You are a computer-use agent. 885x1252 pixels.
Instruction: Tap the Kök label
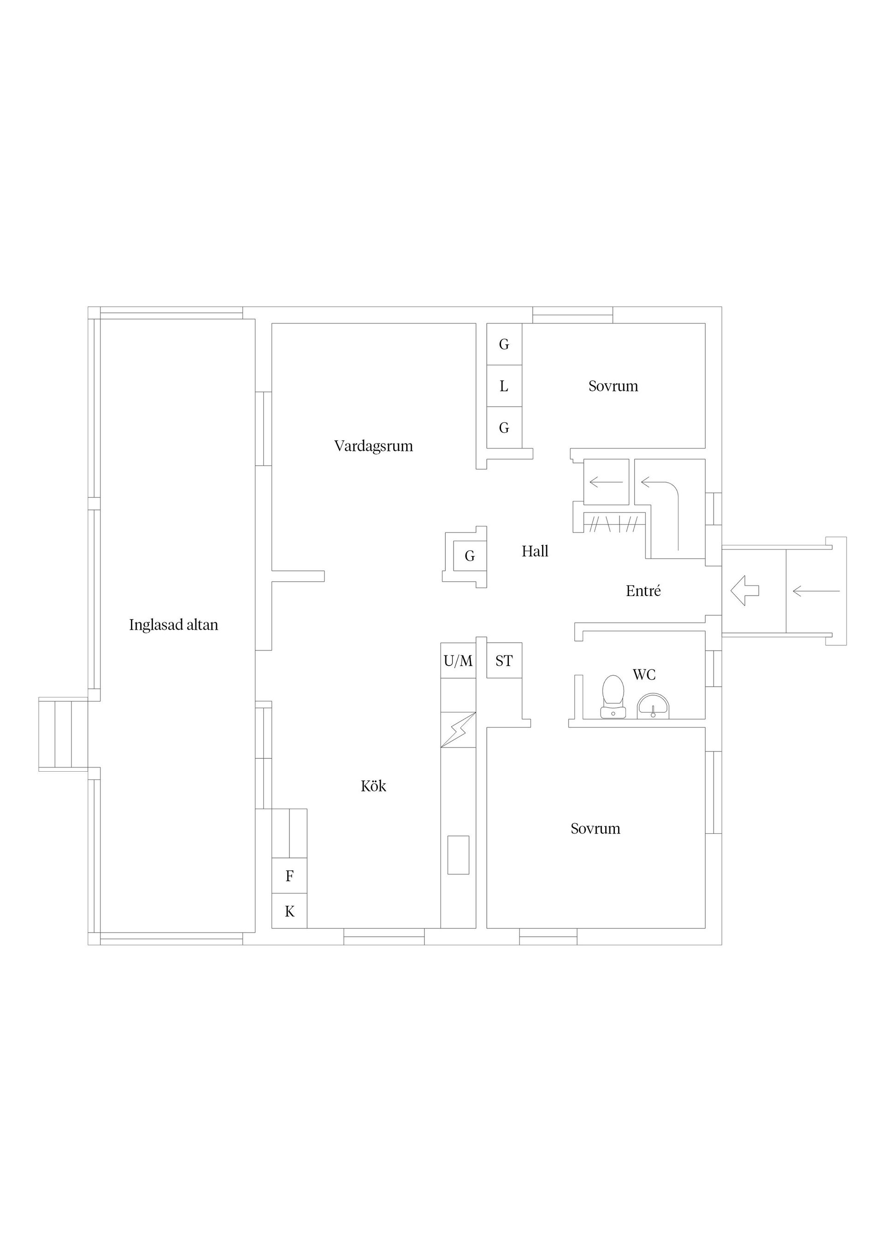click(x=373, y=786)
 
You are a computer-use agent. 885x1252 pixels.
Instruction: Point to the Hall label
click(x=535, y=551)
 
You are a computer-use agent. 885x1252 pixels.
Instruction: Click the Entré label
click(x=643, y=591)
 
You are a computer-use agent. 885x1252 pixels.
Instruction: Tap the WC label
click(x=644, y=674)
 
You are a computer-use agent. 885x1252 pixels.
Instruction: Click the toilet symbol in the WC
click(x=613, y=697)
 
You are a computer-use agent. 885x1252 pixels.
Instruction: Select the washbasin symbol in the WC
click(x=653, y=706)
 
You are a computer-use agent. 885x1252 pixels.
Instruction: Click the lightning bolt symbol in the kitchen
click(x=458, y=730)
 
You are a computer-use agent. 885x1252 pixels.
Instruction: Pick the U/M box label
click(x=458, y=661)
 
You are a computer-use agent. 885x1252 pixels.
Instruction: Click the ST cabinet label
click(x=504, y=661)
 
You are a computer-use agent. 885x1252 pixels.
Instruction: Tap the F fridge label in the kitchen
click(x=289, y=876)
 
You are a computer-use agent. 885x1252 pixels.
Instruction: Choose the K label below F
click(x=289, y=911)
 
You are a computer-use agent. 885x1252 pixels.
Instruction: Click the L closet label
click(x=504, y=386)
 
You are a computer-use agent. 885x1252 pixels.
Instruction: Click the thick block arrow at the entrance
click(x=744, y=591)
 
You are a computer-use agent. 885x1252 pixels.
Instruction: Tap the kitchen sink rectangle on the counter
click(x=458, y=855)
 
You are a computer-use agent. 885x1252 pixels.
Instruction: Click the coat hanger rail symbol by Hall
click(x=614, y=525)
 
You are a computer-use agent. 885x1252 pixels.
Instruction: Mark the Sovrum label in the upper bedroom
click(x=613, y=386)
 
